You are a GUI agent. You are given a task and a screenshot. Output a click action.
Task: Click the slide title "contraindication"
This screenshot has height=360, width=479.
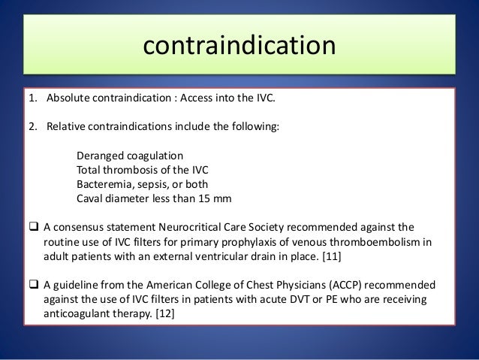[x=239, y=47]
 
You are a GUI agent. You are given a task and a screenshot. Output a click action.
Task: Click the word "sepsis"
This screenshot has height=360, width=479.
[x=155, y=185]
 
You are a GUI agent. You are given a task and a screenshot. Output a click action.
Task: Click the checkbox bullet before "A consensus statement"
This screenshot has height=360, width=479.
[x=35, y=227]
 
